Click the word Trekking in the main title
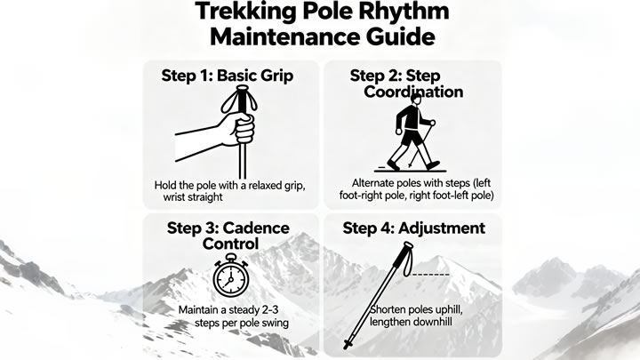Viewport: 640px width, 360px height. click(x=245, y=12)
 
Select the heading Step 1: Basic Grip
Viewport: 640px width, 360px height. click(x=228, y=76)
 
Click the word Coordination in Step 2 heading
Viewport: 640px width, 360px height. click(x=413, y=92)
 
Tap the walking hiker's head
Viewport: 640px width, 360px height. click(x=416, y=100)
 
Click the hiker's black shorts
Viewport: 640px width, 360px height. click(x=412, y=137)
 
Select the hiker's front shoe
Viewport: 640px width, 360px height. click(x=433, y=165)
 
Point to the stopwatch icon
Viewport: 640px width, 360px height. click(x=230, y=276)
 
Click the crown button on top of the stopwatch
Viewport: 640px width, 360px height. click(x=231, y=257)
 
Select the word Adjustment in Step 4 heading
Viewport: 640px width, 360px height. click(x=442, y=228)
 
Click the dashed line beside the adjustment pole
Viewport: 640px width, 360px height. click(x=430, y=275)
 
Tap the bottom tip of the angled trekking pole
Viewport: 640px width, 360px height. click(x=347, y=346)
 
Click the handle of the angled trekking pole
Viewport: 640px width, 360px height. click(x=406, y=248)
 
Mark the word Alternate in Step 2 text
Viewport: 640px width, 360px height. click(x=373, y=183)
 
